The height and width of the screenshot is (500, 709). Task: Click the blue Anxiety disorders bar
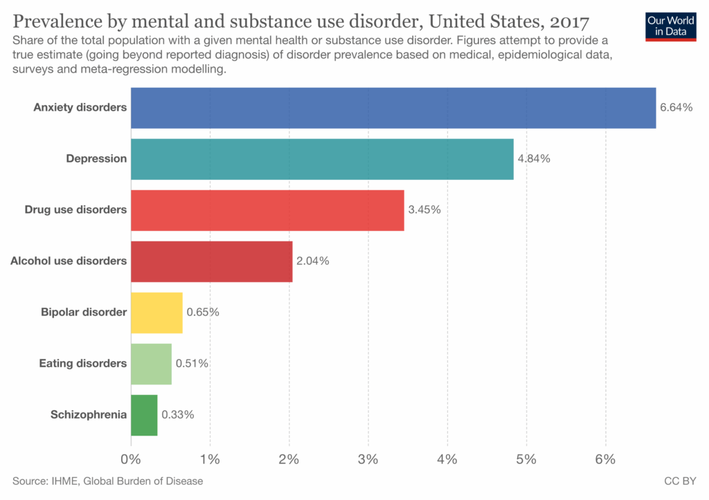(x=393, y=108)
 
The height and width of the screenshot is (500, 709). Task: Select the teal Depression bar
(x=322, y=159)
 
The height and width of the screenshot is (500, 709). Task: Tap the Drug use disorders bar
(x=267, y=210)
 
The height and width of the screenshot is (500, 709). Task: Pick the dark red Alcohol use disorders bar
(x=211, y=261)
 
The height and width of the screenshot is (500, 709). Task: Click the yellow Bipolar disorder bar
(x=156, y=313)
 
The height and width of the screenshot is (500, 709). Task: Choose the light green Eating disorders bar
(x=151, y=364)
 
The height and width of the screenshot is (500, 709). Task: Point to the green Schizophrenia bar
(x=144, y=415)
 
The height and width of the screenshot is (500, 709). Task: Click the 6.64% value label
(x=676, y=108)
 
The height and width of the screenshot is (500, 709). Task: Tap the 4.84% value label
(x=534, y=159)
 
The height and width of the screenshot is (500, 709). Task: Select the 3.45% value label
(x=424, y=210)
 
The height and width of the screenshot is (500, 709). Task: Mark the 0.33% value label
(x=178, y=415)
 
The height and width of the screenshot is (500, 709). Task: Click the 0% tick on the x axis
(x=131, y=459)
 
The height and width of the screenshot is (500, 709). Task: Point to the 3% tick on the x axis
(x=368, y=459)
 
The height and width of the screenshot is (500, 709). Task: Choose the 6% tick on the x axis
(x=605, y=459)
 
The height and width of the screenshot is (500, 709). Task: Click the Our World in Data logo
(x=670, y=26)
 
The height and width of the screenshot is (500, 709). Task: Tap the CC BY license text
(x=679, y=481)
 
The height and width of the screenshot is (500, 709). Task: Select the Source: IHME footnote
(x=107, y=481)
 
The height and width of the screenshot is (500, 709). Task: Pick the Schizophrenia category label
(x=89, y=415)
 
